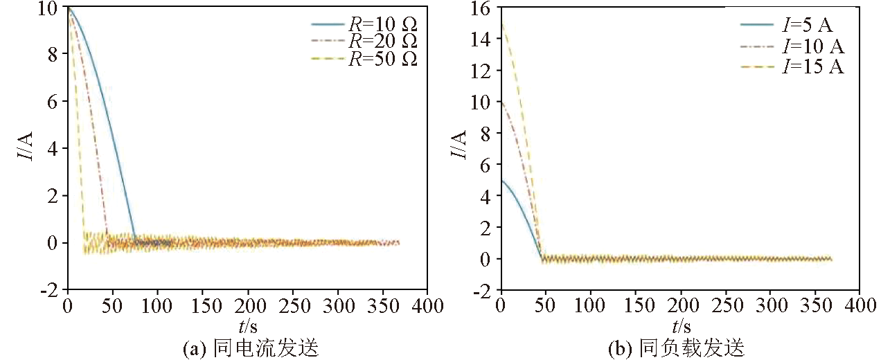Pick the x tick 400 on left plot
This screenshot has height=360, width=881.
click(427, 305)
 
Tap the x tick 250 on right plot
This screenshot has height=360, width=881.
click(724, 305)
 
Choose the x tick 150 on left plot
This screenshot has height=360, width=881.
click(202, 305)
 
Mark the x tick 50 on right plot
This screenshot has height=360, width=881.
click(545, 305)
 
